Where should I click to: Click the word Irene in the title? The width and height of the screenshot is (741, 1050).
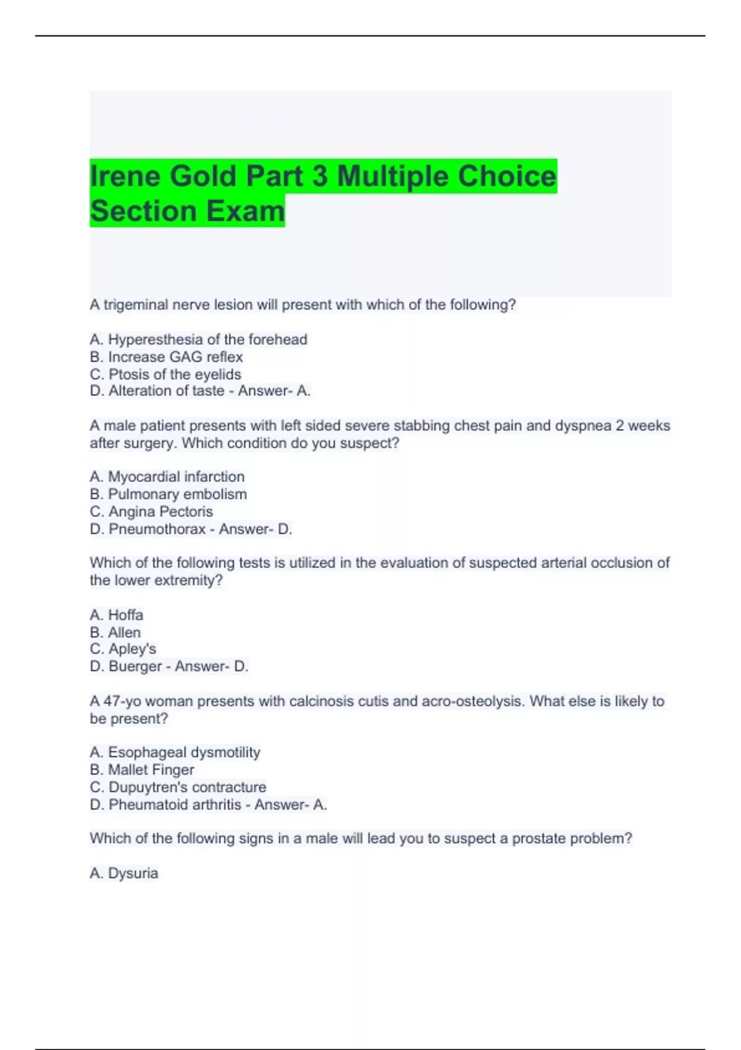126,176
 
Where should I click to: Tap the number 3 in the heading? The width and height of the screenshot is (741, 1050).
319,176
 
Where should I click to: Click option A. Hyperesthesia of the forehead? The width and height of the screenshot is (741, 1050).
198,339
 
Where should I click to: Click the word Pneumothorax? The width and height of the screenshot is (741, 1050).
157,529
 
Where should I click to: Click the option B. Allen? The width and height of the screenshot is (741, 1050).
115,632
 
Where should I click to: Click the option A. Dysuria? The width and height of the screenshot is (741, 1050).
124,873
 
